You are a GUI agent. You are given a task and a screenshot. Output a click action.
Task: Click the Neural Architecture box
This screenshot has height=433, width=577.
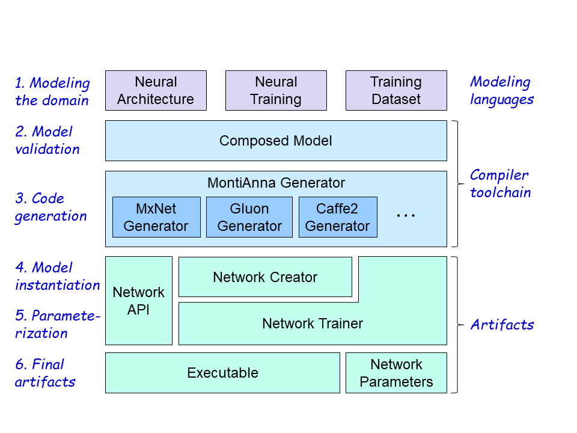click(156, 90)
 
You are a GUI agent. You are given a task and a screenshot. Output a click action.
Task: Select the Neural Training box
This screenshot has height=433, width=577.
click(276, 90)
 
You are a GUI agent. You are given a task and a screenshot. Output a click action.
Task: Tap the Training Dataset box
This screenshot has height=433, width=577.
click(396, 90)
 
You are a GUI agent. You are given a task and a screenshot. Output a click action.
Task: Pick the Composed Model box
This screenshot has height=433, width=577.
click(276, 141)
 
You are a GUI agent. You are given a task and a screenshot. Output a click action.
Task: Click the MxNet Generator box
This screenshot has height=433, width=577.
click(156, 217)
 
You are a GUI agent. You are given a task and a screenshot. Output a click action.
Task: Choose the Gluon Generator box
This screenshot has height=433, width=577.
click(249, 217)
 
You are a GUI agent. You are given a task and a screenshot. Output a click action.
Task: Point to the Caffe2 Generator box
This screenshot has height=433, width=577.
click(338, 217)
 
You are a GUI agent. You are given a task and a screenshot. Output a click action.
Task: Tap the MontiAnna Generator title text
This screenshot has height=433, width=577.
click(276, 183)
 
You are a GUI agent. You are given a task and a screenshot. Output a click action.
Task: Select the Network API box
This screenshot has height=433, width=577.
click(139, 301)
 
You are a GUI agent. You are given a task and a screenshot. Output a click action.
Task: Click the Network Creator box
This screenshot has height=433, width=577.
click(265, 277)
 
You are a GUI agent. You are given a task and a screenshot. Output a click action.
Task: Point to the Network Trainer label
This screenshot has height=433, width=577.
click(313, 324)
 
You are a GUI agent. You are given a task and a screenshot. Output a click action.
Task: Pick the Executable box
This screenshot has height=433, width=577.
click(222, 373)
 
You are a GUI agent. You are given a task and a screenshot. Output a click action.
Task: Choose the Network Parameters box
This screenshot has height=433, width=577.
click(396, 373)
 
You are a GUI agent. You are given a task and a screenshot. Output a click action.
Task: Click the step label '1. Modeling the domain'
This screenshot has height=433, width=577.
click(52, 91)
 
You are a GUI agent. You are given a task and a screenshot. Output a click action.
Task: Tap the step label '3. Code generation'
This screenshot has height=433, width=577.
click(50, 207)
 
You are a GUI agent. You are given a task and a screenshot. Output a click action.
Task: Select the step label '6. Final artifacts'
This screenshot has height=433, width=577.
click(45, 373)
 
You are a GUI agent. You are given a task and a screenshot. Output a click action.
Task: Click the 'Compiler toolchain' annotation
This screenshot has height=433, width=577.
click(499, 183)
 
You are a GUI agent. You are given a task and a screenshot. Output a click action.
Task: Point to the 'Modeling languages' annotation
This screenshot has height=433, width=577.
click(502, 90)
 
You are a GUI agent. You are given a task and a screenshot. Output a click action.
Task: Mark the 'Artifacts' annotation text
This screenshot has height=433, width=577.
click(502, 325)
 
